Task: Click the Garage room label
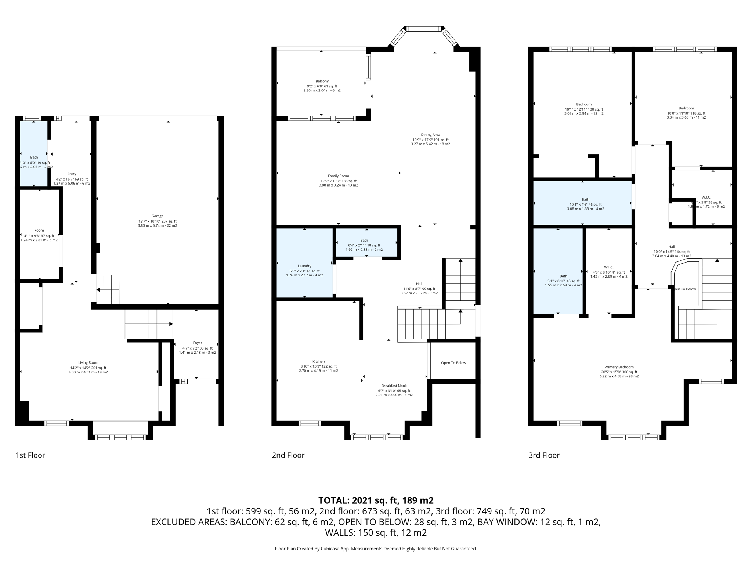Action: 157,216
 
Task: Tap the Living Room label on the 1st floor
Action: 88,363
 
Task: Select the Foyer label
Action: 198,343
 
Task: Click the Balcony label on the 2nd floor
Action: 322,82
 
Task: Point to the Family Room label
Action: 338,176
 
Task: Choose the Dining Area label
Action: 430,135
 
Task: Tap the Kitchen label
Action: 318,362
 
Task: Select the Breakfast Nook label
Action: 394,386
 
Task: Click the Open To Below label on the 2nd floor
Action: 453,363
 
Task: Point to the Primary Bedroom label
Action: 619,367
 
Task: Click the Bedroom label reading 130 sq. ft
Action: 583,105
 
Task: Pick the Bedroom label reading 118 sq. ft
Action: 686,108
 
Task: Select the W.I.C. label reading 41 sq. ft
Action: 608,268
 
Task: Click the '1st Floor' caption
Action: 30,455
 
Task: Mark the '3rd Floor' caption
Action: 544,455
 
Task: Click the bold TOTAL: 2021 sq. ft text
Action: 376,500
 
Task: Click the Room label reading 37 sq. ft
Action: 39,231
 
